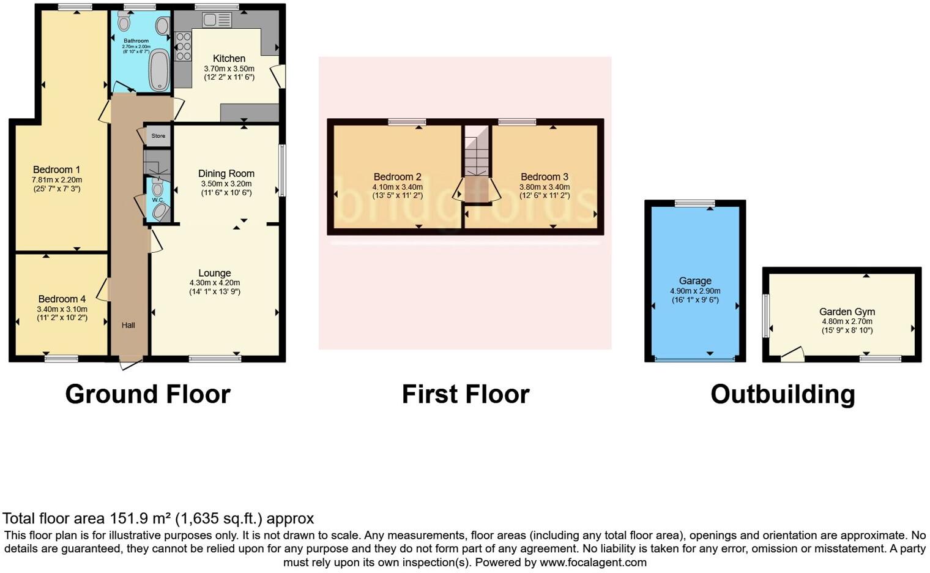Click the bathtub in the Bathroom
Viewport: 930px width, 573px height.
coord(159,70)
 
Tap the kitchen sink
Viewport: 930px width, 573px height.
coord(217,20)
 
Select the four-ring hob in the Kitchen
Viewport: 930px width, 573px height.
coord(183,47)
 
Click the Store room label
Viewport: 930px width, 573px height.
coord(158,136)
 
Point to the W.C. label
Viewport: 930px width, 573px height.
coord(157,200)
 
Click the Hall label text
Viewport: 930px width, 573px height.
coord(128,325)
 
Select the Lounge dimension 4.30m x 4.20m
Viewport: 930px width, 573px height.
coord(214,283)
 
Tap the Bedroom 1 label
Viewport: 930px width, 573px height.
coord(56,170)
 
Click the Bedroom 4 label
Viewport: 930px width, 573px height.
coord(62,299)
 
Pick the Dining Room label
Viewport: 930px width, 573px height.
coord(226,173)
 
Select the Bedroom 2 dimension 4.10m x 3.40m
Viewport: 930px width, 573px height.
coord(397,187)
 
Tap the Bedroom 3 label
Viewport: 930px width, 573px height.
coord(545,177)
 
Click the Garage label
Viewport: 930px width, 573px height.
coord(694,281)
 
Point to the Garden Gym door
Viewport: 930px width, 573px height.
coord(792,354)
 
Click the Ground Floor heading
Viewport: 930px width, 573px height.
coord(147,394)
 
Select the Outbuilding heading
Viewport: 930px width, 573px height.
coord(782,394)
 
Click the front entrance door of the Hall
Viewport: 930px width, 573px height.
coord(130,364)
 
